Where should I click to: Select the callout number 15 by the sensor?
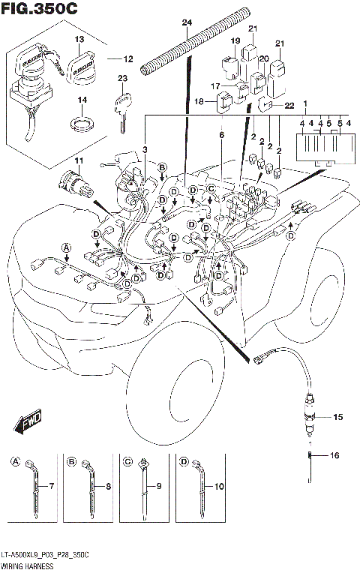click(337, 416)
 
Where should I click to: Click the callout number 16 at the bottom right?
click(334, 455)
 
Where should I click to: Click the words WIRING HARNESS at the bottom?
click(24, 565)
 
